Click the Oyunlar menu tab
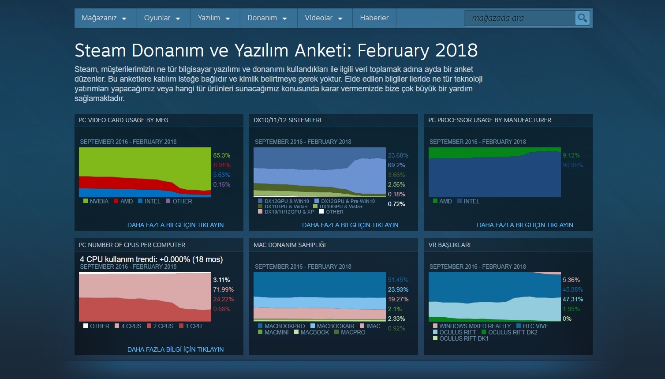[x=162, y=18]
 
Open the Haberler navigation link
[x=374, y=18]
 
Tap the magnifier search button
[x=582, y=18]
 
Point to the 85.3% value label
[x=221, y=155]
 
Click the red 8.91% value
[x=221, y=165]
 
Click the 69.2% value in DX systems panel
[x=396, y=165]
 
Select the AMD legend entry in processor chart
[x=442, y=201]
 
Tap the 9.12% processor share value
[x=571, y=155]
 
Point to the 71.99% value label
[x=223, y=289]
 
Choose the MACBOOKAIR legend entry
[x=332, y=326]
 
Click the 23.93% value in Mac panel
[x=398, y=289]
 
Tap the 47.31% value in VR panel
[x=573, y=299]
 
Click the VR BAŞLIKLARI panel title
[x=449, y=245]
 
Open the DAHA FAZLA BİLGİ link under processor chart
[x=525, y=225]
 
